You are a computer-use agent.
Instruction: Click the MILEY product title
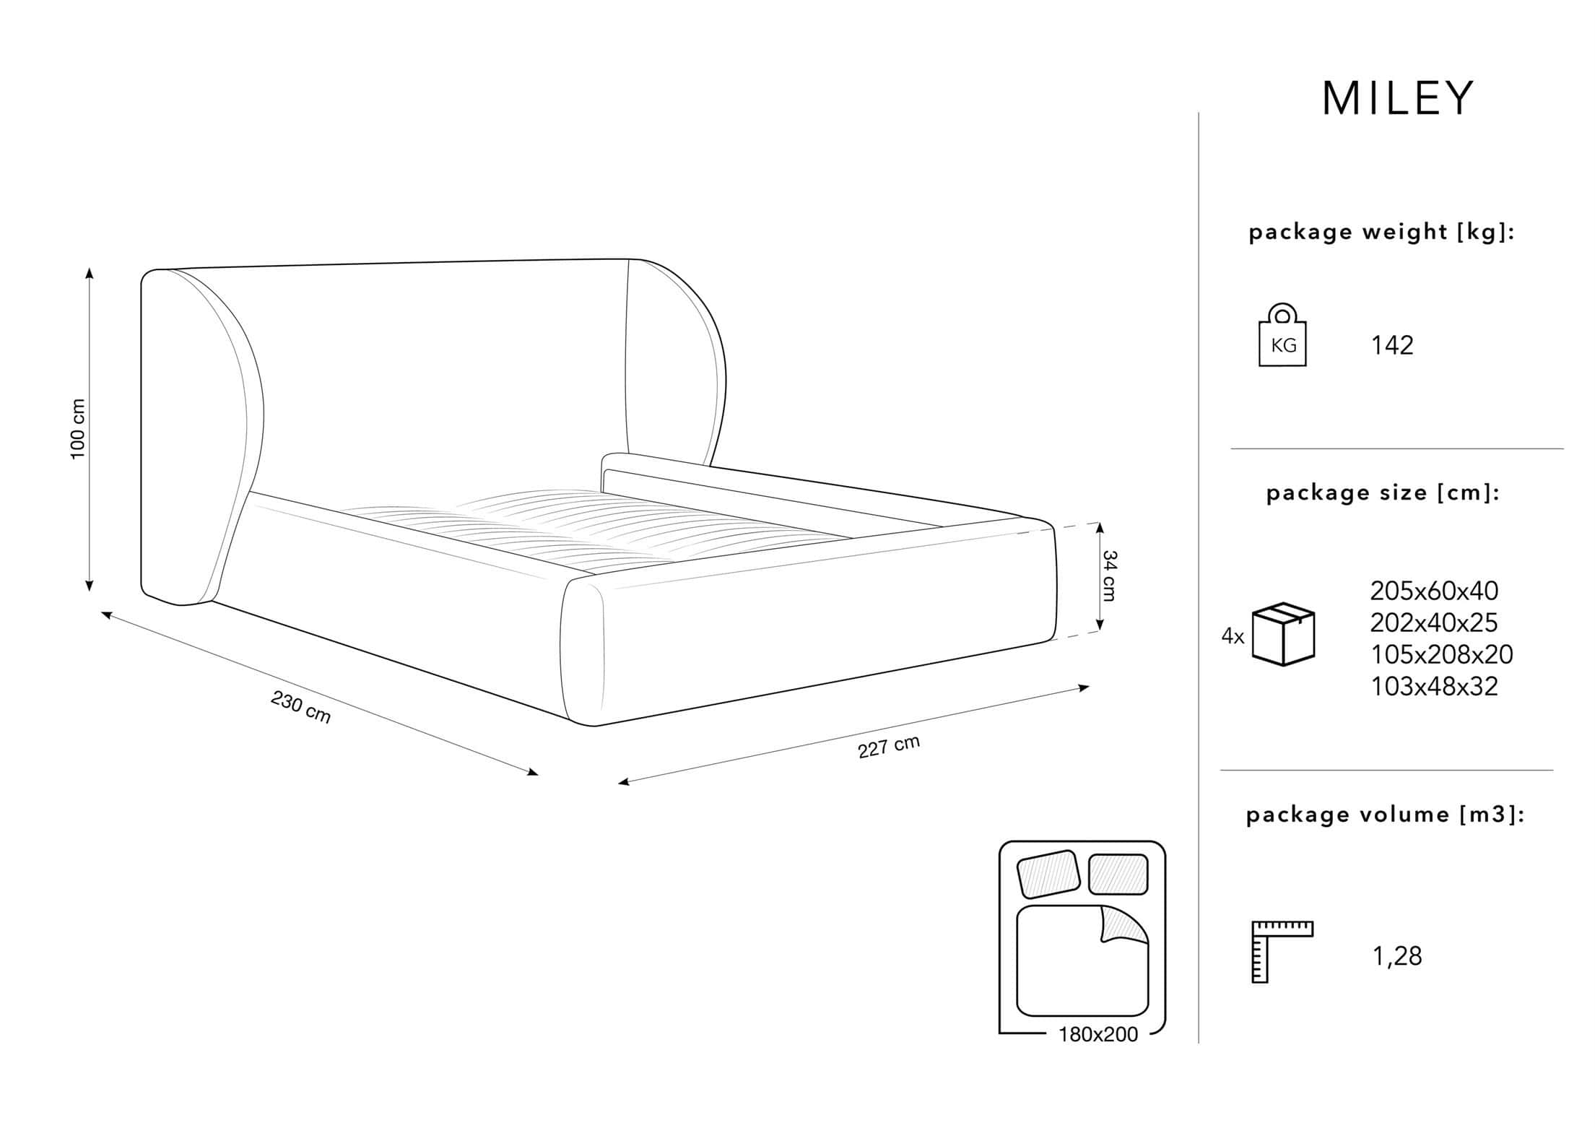1398,98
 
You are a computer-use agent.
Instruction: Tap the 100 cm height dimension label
77,429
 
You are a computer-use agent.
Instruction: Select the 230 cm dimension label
301,706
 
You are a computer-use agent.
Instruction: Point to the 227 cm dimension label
889,747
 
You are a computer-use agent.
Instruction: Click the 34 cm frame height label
1108,576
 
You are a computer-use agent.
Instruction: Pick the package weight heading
1381,233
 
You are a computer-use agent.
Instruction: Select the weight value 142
1392,345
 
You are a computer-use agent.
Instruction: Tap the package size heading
1383,493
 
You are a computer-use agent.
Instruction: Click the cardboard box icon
1283,633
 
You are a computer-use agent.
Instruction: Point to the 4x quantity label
1233,636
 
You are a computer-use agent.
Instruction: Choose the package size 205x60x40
1434,591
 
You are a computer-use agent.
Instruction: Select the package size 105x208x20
1441,654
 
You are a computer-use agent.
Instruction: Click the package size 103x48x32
1434,686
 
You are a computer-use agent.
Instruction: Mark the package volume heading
1386,815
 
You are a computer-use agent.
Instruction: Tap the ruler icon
1282,952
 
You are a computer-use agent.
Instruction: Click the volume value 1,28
1396,956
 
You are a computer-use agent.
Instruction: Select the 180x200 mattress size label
1098,1035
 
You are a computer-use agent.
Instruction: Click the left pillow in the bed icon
1048,873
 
